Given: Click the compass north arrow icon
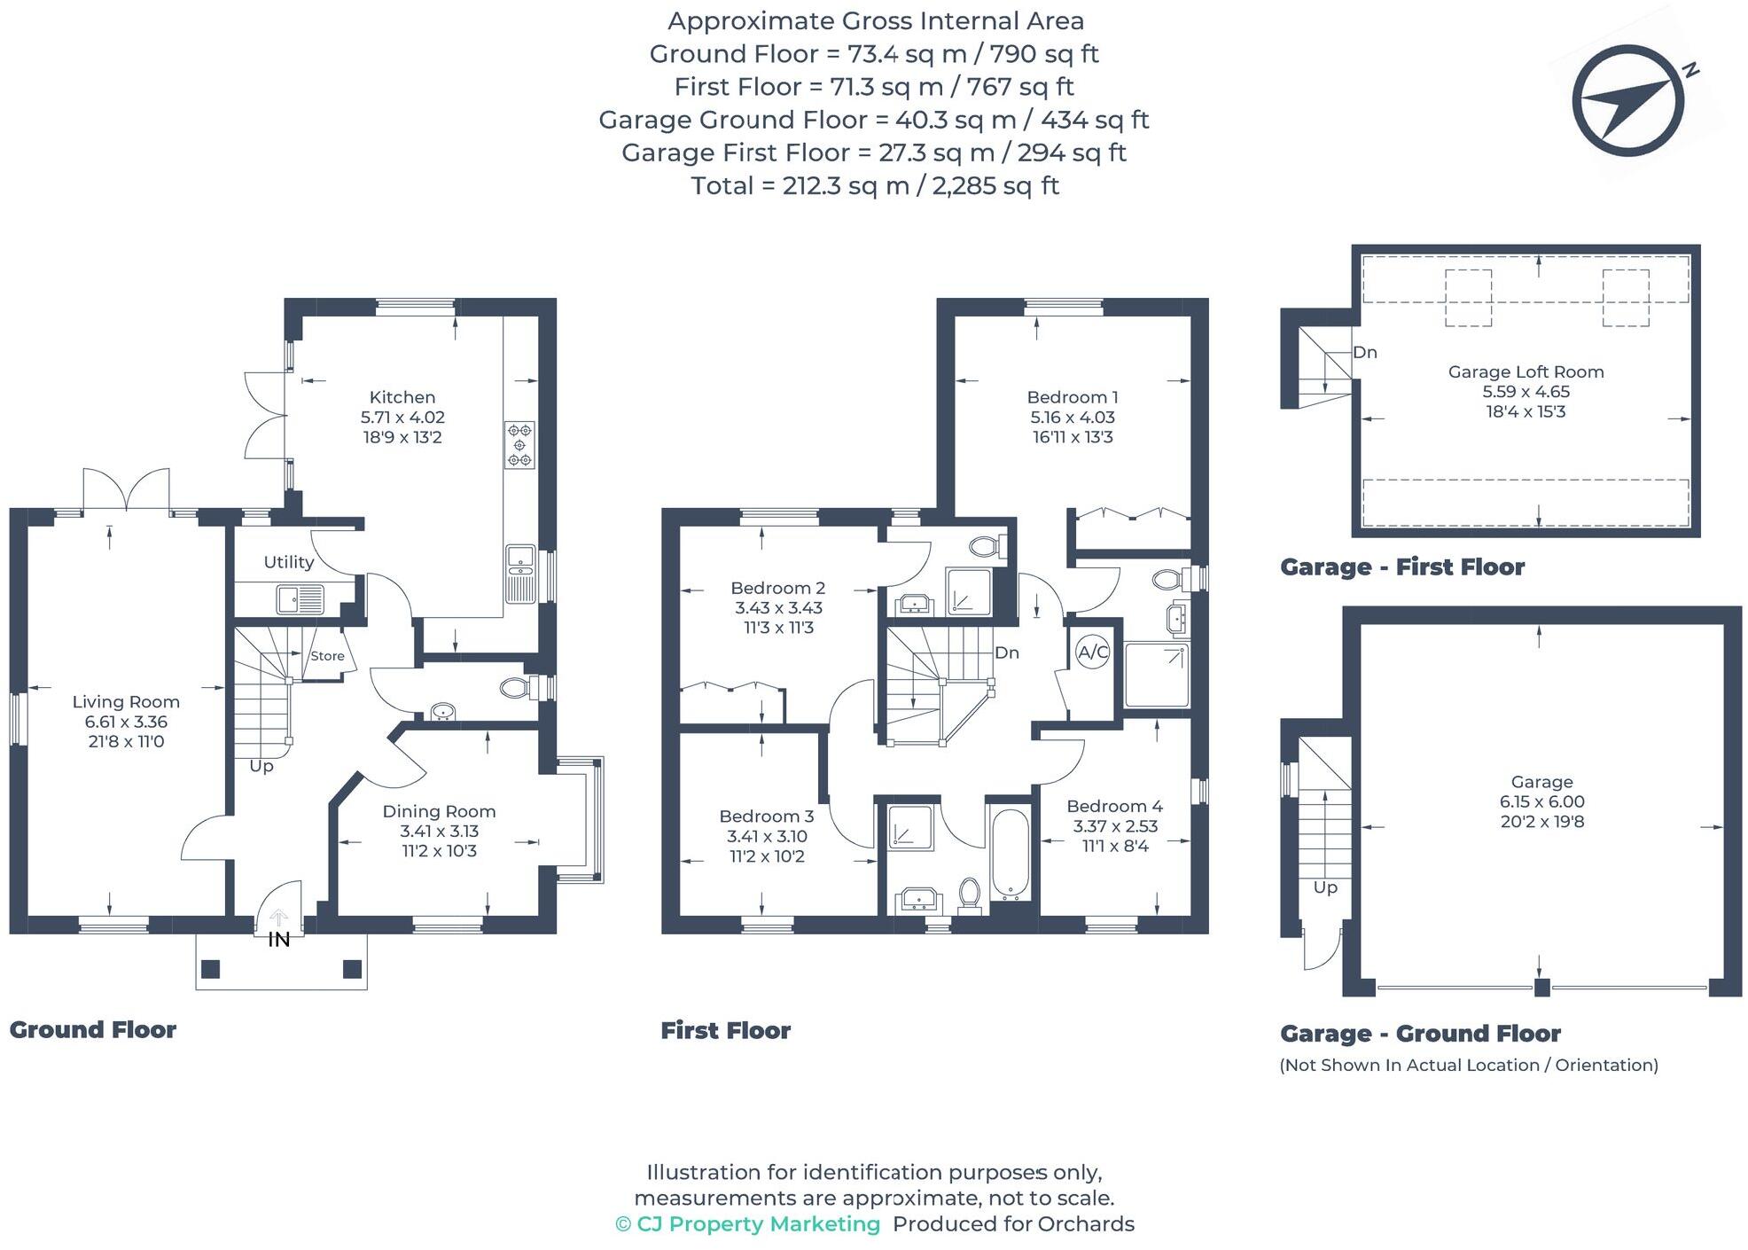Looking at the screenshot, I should tap(1627, 101).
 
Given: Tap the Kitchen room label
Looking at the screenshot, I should tap(402, 397).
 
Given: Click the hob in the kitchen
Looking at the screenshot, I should tap(519, 445).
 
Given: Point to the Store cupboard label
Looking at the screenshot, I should tap(327, 656).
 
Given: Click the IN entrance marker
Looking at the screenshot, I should tap(279, 940).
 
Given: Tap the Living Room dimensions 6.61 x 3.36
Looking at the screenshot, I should tap(126, 722).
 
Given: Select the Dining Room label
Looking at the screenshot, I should tap(439, 811).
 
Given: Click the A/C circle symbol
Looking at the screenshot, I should tap(1092, 652).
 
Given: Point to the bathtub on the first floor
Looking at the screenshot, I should tap(1010, 852).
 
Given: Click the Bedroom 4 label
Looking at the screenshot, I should tap(1114, 806).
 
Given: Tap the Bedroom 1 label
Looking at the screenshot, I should tap(1073, 397).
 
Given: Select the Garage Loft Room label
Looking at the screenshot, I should tap(1526, 372).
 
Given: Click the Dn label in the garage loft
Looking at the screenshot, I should tap(1365, 353).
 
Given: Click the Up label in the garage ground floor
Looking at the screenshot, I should tap(1325, 887).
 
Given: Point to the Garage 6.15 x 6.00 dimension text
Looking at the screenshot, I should tap(1541, 801).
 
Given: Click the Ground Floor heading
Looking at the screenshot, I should tap(93, 1029).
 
